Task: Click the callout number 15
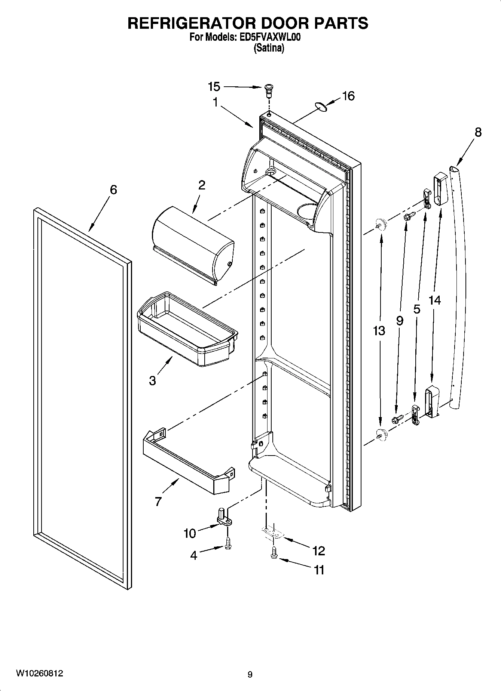point(214,87)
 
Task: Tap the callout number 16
point(348,96)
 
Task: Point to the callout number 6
point(113,190)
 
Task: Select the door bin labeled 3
point(187,329)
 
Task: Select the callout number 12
point(319,550)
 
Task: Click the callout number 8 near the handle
point(478,132)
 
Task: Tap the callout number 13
point(379,330)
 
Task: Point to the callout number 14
point(435,300)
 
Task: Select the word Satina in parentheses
point(269,48)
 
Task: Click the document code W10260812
point(39,673)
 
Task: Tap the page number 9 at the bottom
point(250,675)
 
